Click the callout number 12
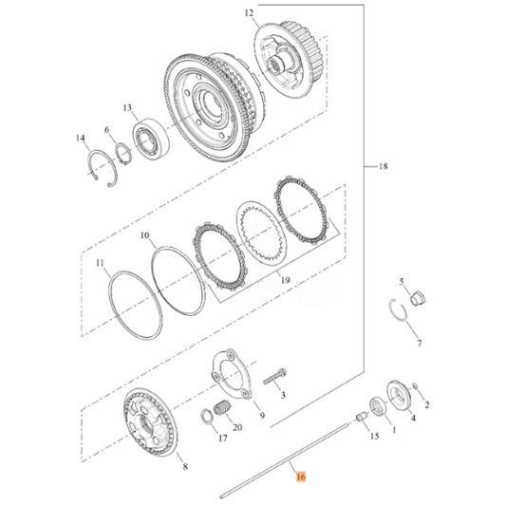[x=250, y=14]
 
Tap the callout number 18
[x=383, y=167]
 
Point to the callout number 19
[x=283, y=282]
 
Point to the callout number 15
[x=374, y=437]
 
